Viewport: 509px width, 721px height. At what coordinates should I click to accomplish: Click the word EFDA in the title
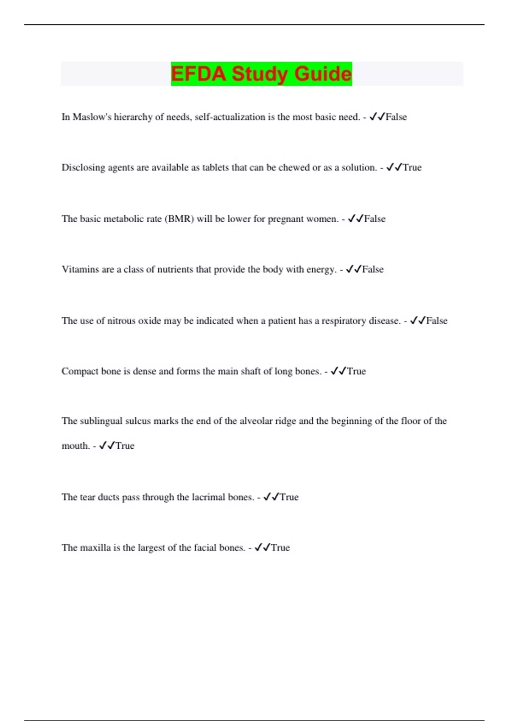tap(198, 74)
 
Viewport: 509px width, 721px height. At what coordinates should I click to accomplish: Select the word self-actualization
tap(230, 117)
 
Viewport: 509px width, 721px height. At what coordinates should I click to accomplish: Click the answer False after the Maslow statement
tap(396, 117)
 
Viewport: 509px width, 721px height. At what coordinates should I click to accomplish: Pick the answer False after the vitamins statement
tap(373, 269)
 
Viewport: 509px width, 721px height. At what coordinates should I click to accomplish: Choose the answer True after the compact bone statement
tap(356, 371)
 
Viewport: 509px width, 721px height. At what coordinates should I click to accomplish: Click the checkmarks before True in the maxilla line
tap(263, 548)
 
